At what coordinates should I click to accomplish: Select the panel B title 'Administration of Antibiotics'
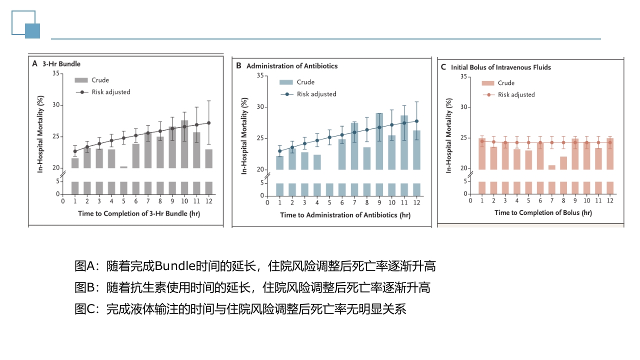[x=292, y=66]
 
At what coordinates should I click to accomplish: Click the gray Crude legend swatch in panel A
[x=81, y=80]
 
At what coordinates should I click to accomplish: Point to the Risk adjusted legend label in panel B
[x=316, y=94]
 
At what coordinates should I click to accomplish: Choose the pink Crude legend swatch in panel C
[x=488, y=83]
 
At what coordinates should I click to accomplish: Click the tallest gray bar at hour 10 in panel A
[x=184, y=144]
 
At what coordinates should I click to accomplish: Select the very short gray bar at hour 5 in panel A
[x=123, y=167]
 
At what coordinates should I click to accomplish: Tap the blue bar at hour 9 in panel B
[x=379, y=141]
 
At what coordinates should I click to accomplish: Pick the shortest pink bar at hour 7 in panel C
[x=552, y=167]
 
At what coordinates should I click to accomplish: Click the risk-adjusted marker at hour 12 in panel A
[x=208, y=123]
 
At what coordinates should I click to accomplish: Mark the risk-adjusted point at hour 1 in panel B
[x=280, y=151]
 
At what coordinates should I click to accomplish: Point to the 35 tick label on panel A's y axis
[x=55, y=74]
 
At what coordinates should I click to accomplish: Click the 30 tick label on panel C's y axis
[x=463, y=107]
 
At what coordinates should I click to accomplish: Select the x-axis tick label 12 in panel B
[x=416, y=203]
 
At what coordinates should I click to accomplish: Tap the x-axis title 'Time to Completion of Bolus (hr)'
[x=543, y=212]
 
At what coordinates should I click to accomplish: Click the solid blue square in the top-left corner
[x=32, y=31]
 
